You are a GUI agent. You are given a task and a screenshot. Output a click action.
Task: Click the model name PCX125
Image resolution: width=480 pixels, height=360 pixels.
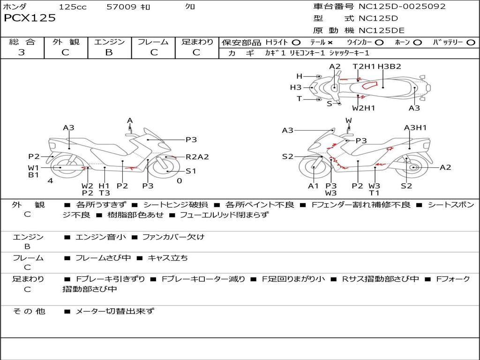coord(30,18)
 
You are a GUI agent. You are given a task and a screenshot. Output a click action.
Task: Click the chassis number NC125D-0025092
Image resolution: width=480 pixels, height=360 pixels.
coord(402,7)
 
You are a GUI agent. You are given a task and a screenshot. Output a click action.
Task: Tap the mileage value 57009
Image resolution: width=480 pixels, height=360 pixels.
coord(121,7)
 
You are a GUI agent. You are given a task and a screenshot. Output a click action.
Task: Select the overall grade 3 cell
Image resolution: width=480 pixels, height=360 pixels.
coord(22,52)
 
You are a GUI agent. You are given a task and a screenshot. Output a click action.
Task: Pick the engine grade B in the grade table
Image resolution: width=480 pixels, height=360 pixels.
coord(109,52)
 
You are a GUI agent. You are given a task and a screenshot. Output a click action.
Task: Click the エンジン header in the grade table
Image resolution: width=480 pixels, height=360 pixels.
coord(109,42)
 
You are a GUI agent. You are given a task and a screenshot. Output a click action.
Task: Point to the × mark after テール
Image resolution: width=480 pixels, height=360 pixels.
coord(330,43)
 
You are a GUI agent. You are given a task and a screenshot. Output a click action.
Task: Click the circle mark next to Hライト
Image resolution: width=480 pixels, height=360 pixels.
coord(296,43)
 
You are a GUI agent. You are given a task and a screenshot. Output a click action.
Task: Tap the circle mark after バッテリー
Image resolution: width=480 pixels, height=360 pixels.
coord(471,43)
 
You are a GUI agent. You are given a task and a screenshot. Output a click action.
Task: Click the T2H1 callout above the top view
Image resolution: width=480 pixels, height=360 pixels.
coord(364,67)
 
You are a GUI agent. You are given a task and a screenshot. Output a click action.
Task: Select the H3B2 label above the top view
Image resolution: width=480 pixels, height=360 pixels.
coord(389,67)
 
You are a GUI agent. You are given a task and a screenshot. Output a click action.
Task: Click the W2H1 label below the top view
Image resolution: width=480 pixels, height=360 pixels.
coord(364,108)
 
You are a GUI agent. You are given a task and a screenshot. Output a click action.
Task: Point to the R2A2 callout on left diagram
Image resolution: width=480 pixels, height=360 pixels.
coord(197,157)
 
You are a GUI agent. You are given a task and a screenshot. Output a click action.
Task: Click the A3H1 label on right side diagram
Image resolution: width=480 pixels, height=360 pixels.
coord(415,127)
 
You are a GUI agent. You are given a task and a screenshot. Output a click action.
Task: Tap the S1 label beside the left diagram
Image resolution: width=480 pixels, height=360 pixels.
coord(191,171)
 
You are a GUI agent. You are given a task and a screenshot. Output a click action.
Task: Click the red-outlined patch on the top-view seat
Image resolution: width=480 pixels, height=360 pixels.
coord(369,85)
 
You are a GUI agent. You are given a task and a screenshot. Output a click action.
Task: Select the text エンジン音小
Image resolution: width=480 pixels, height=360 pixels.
coord(101,237)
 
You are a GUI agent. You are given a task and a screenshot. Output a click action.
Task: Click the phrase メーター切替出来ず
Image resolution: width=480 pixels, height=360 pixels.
coord(115,311)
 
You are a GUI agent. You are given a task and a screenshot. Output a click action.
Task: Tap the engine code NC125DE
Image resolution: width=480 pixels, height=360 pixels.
coord(382,30)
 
